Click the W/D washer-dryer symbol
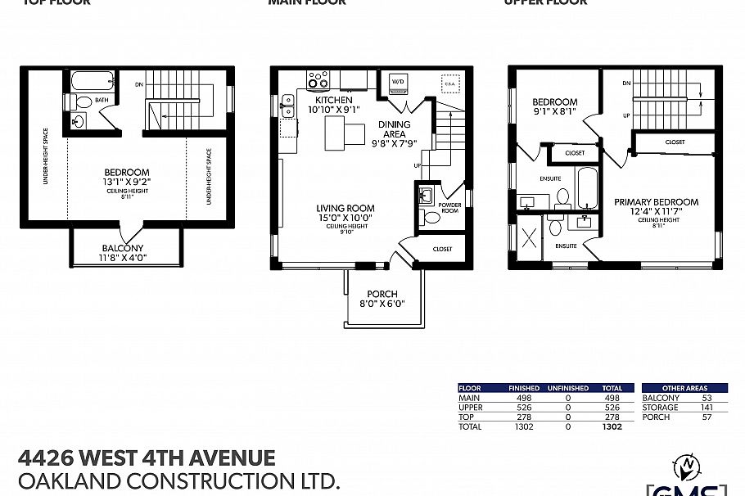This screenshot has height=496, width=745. click(x=398, y=82)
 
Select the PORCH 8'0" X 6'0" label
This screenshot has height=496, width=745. click(x=382, y=299)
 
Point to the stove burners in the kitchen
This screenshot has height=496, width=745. click(x=318, y=80)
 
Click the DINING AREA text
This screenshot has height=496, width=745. click(x=394, y=130)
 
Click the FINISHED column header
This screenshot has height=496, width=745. click(x=524, y=388)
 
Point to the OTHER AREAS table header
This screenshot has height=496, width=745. click(x=686, y=388)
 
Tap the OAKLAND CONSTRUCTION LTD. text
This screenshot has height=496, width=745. click(x=178, y=481)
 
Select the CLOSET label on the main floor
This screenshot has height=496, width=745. click(x=442, y=249)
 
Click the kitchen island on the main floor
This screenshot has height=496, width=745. click(x=344, y=130)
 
